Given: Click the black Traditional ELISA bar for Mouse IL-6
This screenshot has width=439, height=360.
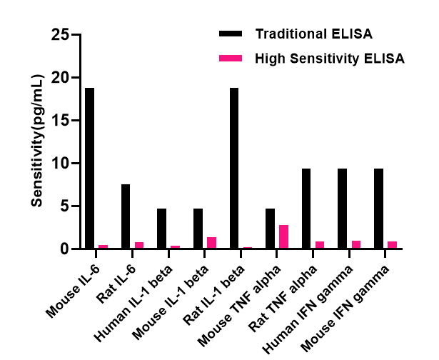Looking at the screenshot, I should [89, 168].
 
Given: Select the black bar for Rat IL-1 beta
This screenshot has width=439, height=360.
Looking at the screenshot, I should [234, 168].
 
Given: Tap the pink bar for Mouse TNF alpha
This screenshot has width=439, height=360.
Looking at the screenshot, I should [283, 236].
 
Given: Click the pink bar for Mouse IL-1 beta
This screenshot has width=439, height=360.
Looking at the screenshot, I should [211, 243].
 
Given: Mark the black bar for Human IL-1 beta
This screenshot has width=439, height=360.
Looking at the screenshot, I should [162, 229].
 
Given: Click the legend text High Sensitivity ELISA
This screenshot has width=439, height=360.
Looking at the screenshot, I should [330, 59].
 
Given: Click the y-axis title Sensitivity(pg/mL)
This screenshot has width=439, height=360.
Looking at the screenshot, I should [38, 141].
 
